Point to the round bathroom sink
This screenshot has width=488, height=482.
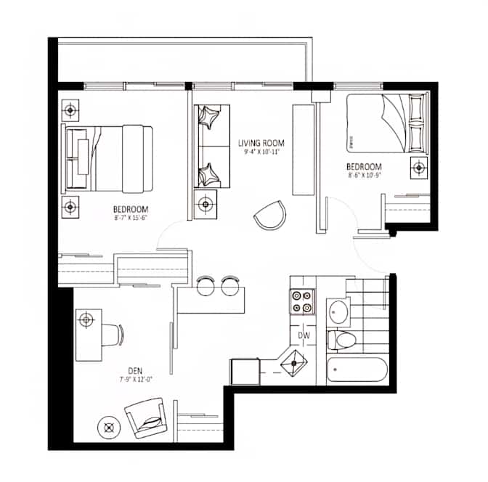pyautogui.click(x=338, y=312)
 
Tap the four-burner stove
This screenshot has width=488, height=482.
pyautogui.click(x=303, y=302)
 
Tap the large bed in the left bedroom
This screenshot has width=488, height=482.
pyautogui.click(x=109, y=159)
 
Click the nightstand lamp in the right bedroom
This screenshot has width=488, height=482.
pyautogui.click(x=419, y=168)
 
